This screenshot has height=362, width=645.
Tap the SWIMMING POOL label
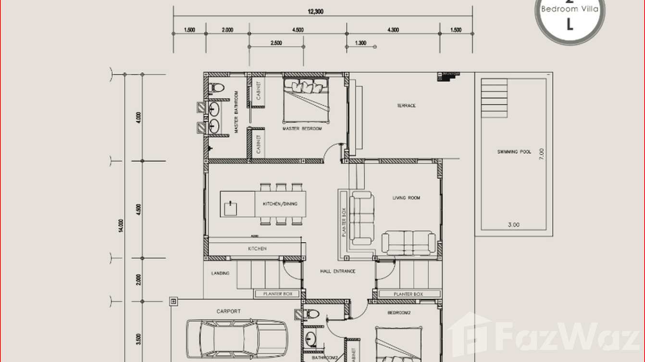514,152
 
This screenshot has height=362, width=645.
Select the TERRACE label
406,106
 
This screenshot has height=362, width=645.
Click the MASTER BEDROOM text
302,129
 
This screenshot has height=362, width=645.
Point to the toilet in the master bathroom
216,88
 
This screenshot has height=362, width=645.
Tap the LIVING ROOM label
406,198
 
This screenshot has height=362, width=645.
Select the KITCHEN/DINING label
280,204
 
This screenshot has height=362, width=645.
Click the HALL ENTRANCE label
337,271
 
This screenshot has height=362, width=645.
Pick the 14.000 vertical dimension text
121,226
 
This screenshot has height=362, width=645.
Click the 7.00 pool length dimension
542,154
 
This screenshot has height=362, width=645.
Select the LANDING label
220,273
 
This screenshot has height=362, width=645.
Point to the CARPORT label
228,311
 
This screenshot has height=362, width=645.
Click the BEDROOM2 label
399,313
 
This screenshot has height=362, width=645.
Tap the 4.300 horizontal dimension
393,30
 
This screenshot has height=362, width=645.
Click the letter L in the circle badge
570,25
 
